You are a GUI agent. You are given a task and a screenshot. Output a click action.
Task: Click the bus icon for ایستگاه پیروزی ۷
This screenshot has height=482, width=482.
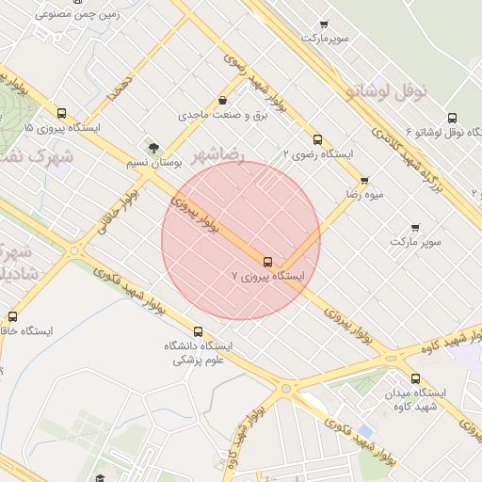click(x=268, y=261)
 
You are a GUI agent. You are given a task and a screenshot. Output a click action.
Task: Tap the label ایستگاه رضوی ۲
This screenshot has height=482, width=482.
click(x=319, y=153)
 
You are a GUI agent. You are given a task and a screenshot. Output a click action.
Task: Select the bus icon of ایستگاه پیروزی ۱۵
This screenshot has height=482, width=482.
click(x=62, y=112)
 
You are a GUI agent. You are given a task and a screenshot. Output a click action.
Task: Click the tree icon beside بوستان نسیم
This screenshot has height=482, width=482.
click(x=153, y=147)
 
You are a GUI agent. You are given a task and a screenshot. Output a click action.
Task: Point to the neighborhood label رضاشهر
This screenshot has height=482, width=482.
click(x=218, y=153)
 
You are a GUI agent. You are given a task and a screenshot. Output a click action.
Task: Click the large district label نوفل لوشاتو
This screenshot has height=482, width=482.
click(x=386, y=91)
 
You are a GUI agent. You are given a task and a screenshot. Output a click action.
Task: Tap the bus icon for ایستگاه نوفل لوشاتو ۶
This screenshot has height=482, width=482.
click(x=452, y=118)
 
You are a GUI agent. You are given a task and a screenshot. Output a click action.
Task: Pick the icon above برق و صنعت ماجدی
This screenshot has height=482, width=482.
click(x=222, y=100)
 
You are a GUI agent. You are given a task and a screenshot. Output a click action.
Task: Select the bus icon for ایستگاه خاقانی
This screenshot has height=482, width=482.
click(x=12, y=316)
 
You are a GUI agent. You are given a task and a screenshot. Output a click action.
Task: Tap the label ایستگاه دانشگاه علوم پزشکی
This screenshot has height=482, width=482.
click(x=199, y=353)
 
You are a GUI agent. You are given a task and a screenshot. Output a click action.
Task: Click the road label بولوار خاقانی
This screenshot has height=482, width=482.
click(x=120, y=216)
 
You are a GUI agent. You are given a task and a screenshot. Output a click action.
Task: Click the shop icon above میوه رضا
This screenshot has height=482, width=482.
click(x=364, y=180)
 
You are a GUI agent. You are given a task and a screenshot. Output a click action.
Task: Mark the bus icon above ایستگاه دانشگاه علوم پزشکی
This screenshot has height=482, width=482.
click(x=198, y=331)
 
